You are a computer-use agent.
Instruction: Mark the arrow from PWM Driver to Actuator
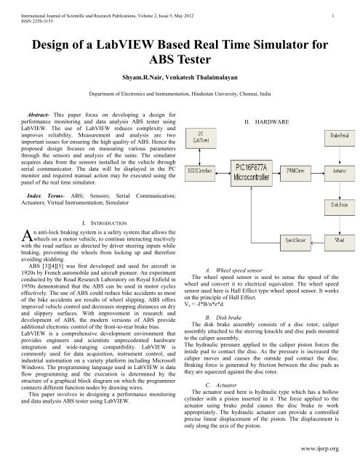click(320, 169)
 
